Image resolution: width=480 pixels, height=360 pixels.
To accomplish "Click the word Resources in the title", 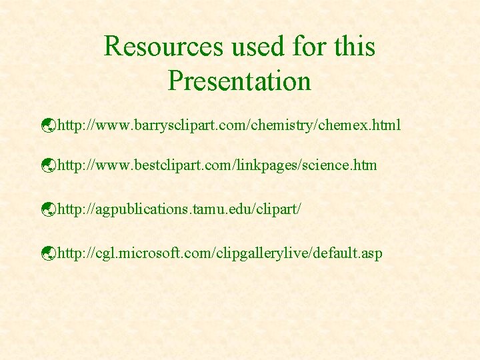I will pyautogui.click(x=164, y=47).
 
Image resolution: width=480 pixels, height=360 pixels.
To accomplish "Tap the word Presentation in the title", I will pyautogui.click(x=239, y=81).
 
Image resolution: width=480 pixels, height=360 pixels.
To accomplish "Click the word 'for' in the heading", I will pyautogui.click(x=307, y=47).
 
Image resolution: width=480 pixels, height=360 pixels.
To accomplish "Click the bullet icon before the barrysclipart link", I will pyautogui.click(x=47, y=125).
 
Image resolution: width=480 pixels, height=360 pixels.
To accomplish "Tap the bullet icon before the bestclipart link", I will pyautogui.click(x=47, y=165).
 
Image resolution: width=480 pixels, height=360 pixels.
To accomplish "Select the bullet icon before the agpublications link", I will pyautogui.click(x=47, y=209).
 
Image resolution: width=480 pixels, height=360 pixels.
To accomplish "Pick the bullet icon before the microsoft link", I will pyautogui.click(x=47, y=253).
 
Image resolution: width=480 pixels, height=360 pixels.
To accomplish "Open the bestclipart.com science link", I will pyautogui.click(x=217, y=164).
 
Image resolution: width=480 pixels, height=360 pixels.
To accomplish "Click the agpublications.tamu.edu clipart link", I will pyautogui.click(x=180, y=209).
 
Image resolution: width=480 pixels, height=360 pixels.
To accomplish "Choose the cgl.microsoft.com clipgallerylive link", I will pyautogui.click(x=220, y=253).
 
